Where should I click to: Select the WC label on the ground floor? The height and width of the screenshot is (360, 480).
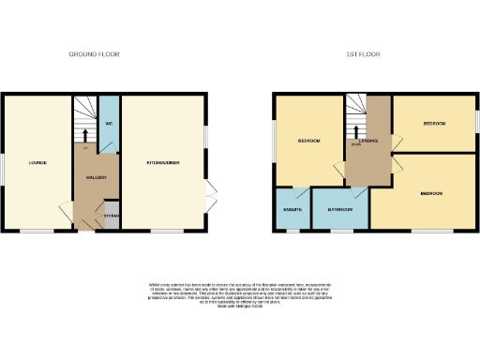109,124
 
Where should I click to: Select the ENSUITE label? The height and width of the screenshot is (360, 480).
292,208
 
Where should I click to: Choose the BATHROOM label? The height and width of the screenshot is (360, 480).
340,208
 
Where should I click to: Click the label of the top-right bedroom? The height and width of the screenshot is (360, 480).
435,123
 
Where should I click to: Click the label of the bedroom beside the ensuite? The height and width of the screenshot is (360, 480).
309,141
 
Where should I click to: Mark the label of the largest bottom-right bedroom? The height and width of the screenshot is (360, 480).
431,193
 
